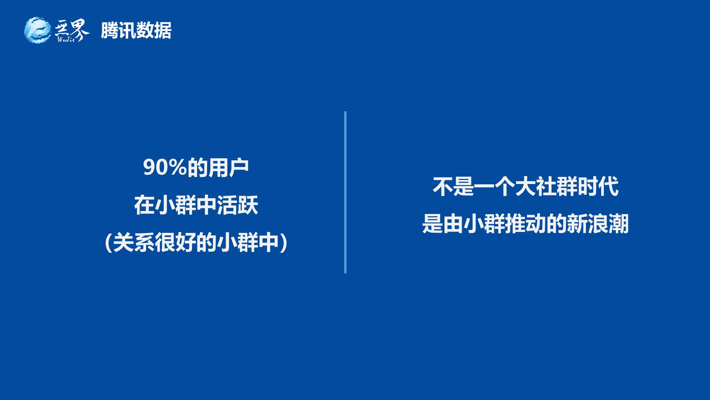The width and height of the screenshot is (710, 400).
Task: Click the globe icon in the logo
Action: click(x=38, y=30)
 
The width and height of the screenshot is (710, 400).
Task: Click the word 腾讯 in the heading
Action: click(x=118, y=31)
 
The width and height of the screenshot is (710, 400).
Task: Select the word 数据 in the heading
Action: click(x=154, y=31)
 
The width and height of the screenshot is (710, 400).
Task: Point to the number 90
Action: click(x=154, y=168)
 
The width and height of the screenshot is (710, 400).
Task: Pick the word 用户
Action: click(x=228, y=168)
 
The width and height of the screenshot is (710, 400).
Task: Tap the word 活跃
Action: click(x=237, y=206)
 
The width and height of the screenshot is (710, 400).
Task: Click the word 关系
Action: click(x=133, y=243)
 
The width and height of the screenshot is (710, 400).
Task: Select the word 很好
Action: click(x=175, y=243)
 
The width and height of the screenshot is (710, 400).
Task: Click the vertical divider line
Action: click(x=345, y=192)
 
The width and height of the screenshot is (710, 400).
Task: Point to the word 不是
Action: click(x=453, y=186)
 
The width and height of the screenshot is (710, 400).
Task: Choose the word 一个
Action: click(x=494, y=186)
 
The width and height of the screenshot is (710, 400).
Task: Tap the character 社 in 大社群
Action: click(x=546, y=186)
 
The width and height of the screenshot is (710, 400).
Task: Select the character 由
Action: click(x=453, y=224)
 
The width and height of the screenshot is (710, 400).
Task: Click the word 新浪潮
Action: click(x=597, y=224)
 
